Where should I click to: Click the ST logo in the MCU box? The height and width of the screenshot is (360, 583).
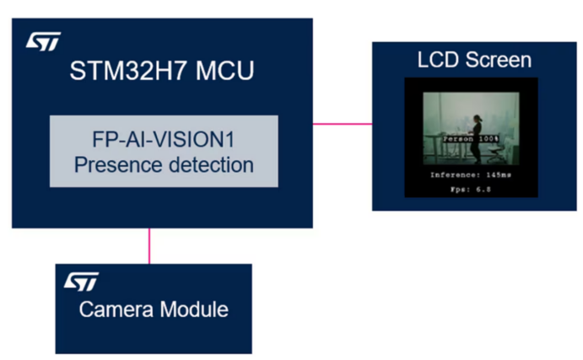tap(43, 41)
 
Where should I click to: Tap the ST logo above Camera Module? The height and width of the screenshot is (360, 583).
tap(81, 282)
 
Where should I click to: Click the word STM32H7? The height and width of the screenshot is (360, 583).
tap(127, 70)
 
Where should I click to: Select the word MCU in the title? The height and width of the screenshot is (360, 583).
tap(224, 70)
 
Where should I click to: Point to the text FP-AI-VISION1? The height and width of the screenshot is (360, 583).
tap(163, 140)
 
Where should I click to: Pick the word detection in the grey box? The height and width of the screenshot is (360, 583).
tap(211, 164)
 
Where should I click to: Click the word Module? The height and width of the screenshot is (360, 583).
tap(194, 309)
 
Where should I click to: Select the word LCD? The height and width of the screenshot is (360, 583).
tap(438, 60)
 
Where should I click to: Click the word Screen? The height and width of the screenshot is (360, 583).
tap(499, 60)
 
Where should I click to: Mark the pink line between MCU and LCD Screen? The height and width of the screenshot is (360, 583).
tap(343, 124)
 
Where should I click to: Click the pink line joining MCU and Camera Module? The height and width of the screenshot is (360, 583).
tap(149, 246)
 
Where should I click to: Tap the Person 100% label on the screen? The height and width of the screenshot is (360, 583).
tap(471, 139)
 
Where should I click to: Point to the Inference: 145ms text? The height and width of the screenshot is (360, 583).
tap(471, 175)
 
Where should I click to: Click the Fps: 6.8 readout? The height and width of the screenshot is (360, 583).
tap(471, 190)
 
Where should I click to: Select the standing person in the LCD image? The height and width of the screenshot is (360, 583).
tap(476, 139)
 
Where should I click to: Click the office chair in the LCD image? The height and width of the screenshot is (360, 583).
tap(496, 153)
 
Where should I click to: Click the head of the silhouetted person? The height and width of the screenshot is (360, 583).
tap(477, 119)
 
